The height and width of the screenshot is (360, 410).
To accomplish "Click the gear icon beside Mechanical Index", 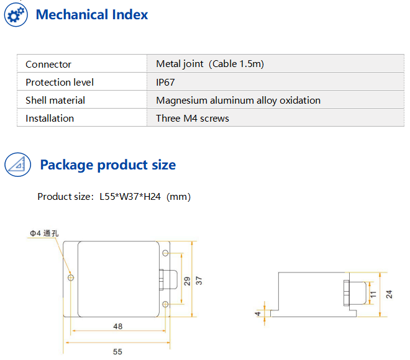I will [x=17, y=15].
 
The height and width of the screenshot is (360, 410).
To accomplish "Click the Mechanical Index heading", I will [x=92, y=15].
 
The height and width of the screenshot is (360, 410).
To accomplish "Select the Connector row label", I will [x=48, y=65].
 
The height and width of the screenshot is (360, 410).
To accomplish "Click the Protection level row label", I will [x=60, y=83].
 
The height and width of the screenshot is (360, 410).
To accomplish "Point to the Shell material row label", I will [x=55, y=101].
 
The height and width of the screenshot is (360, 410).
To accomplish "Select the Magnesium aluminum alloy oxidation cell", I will [x=238, y=101].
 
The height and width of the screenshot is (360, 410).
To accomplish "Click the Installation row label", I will [x=50, y=119].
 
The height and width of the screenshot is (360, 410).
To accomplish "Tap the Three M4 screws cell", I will [x=193, y=119].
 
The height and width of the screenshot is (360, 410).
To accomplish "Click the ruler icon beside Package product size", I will [x=17, y=164].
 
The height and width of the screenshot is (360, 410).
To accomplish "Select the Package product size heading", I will [x=107, y=165].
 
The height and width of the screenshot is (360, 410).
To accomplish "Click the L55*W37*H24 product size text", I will [x=114, y=197].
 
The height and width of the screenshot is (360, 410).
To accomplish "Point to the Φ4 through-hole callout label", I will [x=43, y=233].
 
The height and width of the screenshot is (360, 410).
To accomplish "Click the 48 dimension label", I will [x=117, y=325].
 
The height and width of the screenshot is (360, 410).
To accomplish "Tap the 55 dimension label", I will [x=117, y=351].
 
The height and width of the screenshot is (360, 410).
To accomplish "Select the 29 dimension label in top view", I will [x=186, y=280].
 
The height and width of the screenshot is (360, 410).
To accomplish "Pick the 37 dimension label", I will [x=199, y=280].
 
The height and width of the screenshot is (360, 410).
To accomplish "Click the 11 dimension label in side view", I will [x=373, y=295].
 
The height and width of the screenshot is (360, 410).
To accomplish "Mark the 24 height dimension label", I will [x=389, y=294].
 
